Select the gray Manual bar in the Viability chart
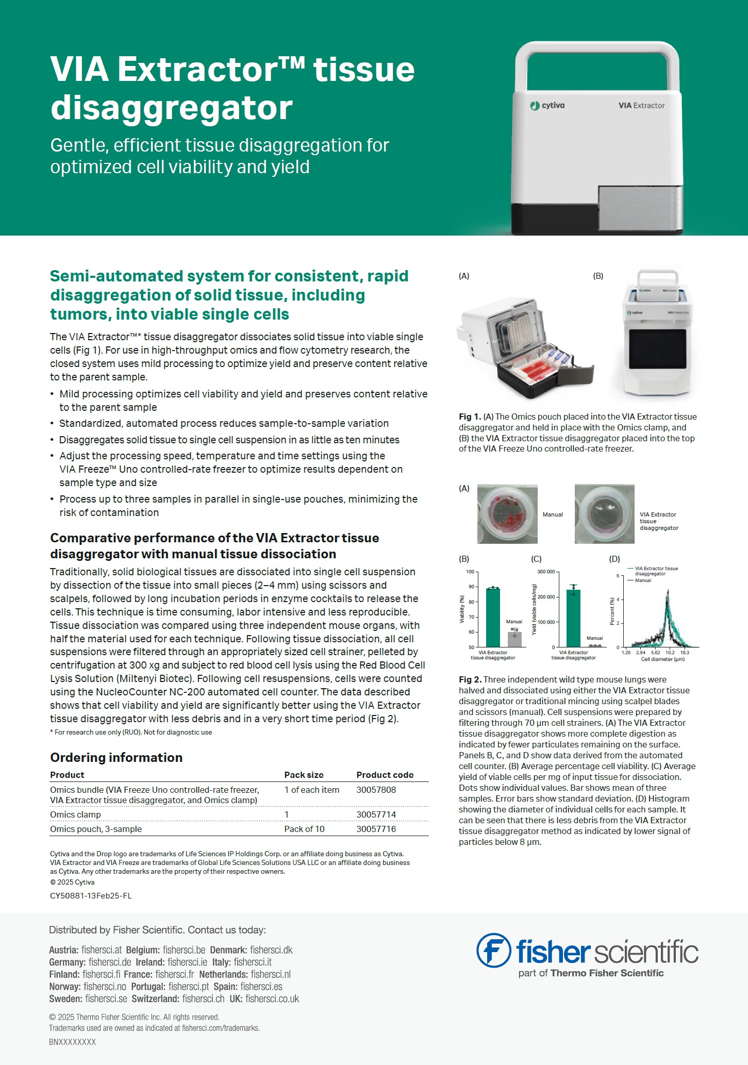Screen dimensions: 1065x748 [514, 639]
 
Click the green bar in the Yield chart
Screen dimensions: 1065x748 [573, 618]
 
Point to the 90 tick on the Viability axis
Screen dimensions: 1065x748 [471, 587]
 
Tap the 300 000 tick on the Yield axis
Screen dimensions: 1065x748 [546, 572]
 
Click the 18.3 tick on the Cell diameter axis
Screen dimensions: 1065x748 [685, 653]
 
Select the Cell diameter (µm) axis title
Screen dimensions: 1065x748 [662, 659]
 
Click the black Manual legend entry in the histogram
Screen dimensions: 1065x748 [642, 580]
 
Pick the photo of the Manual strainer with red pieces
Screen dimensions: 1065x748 [507, 514]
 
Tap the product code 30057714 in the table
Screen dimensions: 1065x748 [376, 814]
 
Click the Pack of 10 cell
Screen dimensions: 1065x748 [304, 829]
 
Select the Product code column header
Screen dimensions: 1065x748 [385, 775]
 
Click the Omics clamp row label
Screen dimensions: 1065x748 [75, 814]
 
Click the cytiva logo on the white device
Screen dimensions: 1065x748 [547, 106]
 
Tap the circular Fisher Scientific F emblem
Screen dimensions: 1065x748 [493, 951]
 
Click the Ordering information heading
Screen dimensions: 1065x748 [116, 757]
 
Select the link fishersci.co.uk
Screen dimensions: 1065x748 [272, 999]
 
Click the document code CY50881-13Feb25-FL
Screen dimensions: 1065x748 [91, 896]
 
